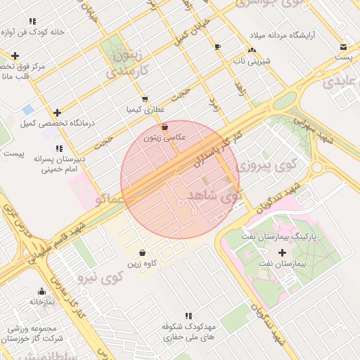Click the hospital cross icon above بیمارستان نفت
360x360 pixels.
click(x=283, y=252)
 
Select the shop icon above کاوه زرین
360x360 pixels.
click(x=143, y=252)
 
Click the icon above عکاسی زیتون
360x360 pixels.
click(x=165, y=127)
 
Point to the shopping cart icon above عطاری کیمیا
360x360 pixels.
click(x=144, y=99)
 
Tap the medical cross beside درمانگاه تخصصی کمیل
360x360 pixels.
click(x=57, y=112)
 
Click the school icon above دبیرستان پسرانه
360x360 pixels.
click(x=60, y=148)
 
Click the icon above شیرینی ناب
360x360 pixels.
click(x=251, y=50)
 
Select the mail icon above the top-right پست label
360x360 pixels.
click(x=342, y=46)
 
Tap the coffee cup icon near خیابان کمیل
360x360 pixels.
click(x=217, y=47)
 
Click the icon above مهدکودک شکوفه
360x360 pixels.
click(x=188, y=316)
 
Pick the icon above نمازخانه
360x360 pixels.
click(x=41, y=292)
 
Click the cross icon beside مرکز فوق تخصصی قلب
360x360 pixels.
click(x=15, y=56)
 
